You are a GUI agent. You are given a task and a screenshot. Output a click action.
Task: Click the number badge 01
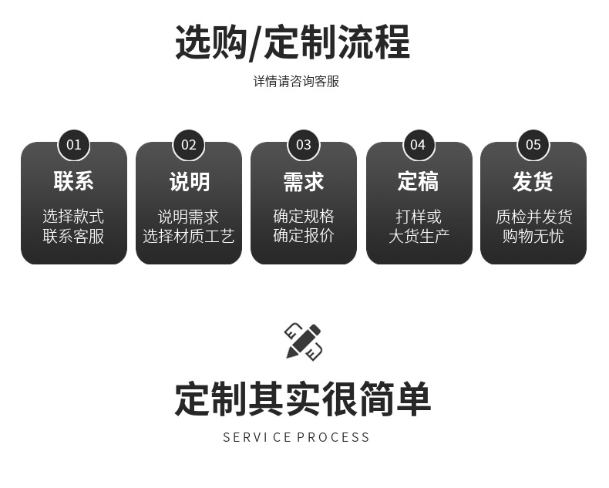74,145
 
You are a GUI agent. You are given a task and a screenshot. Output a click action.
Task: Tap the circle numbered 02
189,145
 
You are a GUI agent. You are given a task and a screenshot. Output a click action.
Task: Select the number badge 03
304,145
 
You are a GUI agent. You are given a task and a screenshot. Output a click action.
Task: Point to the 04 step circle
418,145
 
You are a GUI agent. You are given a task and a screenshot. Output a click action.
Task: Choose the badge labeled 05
533,145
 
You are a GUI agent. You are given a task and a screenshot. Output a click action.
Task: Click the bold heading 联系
74,182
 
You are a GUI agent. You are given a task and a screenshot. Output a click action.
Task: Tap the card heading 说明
189,182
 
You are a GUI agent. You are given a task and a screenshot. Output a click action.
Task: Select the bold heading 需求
304,182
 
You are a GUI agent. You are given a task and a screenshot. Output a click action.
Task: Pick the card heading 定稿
418,182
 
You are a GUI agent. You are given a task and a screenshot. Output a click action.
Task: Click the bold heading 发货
533,182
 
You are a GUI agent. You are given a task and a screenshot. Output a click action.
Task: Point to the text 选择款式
74,217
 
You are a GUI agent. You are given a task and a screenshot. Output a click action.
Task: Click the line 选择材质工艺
189,236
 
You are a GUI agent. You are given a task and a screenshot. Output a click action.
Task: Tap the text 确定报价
304,236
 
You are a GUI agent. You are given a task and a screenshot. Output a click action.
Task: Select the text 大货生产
418,236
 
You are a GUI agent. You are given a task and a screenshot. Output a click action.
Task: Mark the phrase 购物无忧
533,236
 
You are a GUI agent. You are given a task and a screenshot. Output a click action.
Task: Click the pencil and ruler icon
304,342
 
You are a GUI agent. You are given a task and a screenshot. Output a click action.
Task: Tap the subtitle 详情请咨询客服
296,81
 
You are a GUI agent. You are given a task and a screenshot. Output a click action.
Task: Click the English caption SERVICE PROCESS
296,437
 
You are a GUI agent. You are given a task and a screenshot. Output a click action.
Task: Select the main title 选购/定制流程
293,42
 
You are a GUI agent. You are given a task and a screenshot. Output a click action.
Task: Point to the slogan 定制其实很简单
302,399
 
